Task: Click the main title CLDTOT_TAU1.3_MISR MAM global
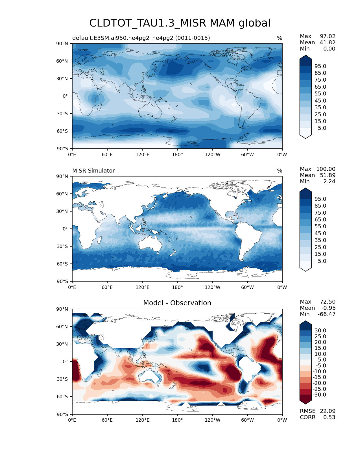(x=180, y=23)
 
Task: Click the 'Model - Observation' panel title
(x=177, y=303)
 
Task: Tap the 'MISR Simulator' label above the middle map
(x=93, y=171)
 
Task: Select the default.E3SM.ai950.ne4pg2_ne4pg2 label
(x=141, y=38)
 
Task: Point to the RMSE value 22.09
(x=328, y=411)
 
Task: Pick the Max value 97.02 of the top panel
(x=328, y=36)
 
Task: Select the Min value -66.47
(x=326, y=314)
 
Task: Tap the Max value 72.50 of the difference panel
(x=328, y=302)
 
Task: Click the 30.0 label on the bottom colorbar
(x=320, y=330)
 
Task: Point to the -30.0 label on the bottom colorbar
(x=320, y=395)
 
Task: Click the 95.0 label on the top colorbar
(x=320, y=66)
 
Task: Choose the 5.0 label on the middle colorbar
(x=322, y=261)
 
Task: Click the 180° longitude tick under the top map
(x=177, y=154)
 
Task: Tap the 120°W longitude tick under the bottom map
(x=212, y=420)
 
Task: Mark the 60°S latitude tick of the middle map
(x=62, y=264)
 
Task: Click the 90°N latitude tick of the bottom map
(x=62, y=309)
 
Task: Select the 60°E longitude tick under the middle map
(x=107, y=287)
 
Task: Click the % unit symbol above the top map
(x=280, y=38)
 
